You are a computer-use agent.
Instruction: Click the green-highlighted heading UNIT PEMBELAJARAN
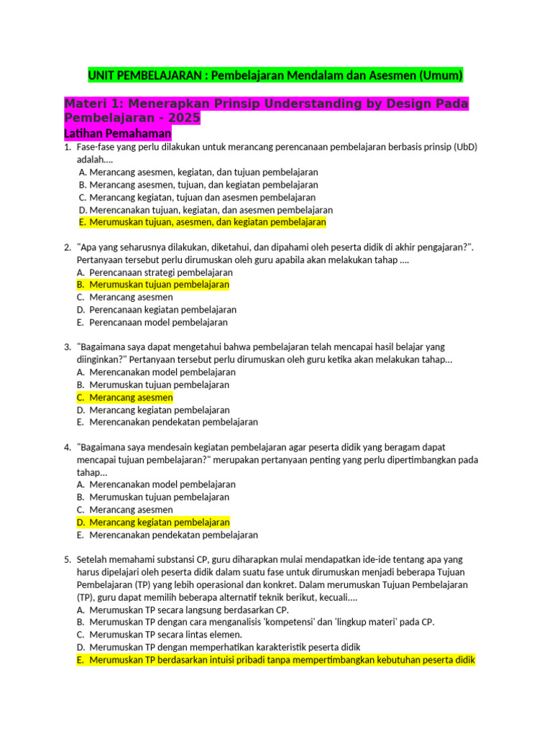click(275, 75)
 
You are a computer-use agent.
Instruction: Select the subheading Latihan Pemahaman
click(118, 134)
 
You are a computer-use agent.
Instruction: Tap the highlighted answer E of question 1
click(202, 223)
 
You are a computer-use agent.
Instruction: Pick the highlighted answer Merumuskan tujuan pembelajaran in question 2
click(152, 285)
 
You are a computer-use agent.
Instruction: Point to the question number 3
click(67, 347)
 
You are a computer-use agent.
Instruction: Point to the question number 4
click(67, 447)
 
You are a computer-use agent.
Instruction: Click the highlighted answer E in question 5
click(275, 660)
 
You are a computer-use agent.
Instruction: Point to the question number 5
click(67, 559)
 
